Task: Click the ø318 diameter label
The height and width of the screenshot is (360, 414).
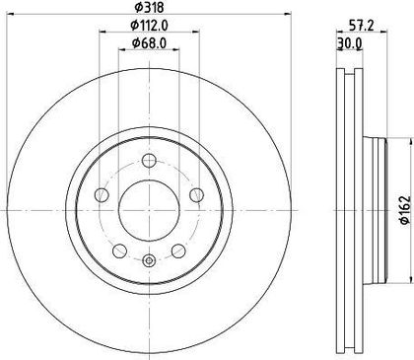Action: click(149, 7)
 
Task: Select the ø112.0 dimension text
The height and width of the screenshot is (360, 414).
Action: click(149, 25)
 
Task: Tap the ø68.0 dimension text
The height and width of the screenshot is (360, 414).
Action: click(149, 42)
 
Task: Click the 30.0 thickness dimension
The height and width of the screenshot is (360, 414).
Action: click(349, 43)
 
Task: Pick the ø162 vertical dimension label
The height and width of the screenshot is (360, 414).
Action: click(405, 210)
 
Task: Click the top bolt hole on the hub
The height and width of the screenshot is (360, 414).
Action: click(149, 161)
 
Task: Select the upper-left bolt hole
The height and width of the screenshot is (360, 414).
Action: click(102, 195)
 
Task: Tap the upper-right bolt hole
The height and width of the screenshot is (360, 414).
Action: click(197, 195)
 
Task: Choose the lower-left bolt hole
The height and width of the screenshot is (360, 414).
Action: click(119, 251)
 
